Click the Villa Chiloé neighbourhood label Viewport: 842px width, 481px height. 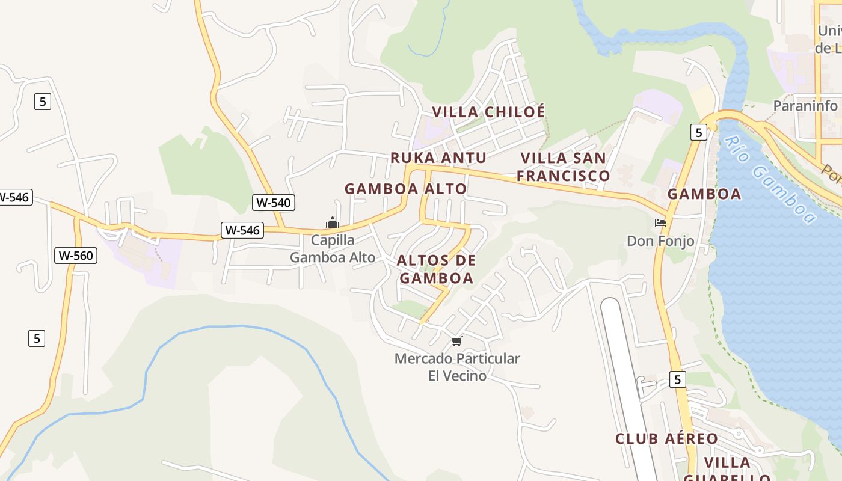(x=488, y=112)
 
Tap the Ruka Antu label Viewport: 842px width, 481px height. (x=438, y=158)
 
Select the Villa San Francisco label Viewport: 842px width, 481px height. (x=564, y=167)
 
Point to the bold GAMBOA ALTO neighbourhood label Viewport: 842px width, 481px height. (x=405, y=189)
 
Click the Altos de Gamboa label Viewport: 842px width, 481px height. (x=437, y=269)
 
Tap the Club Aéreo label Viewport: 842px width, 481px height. (x=666, y=439)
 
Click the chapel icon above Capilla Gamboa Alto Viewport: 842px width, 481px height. (x=333, y=223)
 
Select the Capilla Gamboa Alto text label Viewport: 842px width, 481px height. (x=333, y=249)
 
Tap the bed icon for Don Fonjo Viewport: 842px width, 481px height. (x=660, y=223)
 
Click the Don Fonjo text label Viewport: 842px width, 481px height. (x=660, y=241)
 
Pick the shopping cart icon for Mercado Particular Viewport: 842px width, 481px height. (x=457, y=342)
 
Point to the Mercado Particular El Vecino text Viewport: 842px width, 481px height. (x=457, y=367)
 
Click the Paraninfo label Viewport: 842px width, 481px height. (x=805, y=106)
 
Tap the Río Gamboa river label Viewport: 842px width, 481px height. (x=770, y=179)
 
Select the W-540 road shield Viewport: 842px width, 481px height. (x=274, y=203)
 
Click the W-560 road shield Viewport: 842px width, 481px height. (x=76, y=256)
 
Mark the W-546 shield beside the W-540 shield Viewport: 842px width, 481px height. (x=242, y=230)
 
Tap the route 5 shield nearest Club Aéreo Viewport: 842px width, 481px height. (x=677, y=379)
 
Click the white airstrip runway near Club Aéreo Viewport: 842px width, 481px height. (x=625, y=373)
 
